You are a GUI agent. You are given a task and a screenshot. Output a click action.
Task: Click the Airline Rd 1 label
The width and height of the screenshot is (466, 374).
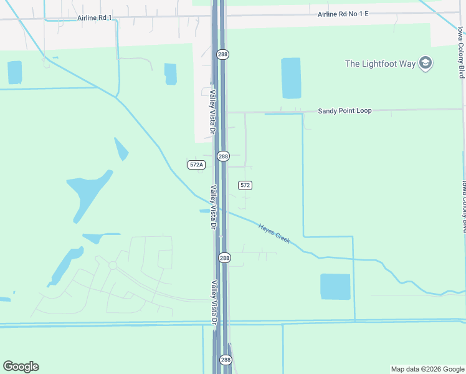[95, 18]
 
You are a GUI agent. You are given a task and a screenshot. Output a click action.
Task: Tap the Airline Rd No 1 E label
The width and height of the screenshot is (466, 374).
[343, 14]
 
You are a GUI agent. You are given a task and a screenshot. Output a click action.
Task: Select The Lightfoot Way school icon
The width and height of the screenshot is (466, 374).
[426, 63]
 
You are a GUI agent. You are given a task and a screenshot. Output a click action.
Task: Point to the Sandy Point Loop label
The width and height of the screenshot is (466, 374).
[345, 111]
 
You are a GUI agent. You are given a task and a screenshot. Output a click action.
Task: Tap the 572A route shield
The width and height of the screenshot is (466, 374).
[196, 165]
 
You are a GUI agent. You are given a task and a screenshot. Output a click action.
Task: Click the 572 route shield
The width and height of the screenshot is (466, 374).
[245, 185]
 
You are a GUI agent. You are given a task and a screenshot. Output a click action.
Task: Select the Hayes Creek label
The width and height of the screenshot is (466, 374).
[275, 234]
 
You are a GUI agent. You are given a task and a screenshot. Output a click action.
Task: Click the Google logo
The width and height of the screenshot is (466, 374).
[21, 367]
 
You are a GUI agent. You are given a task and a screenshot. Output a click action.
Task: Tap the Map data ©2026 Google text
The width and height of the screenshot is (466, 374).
[427, 369]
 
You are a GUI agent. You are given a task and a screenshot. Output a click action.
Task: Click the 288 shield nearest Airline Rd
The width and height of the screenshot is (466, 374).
[223, 55]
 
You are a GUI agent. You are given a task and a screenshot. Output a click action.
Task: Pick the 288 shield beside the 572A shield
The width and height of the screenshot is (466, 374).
[224, 156]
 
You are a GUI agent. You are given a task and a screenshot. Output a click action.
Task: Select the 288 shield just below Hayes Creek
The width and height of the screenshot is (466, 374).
[224, 257]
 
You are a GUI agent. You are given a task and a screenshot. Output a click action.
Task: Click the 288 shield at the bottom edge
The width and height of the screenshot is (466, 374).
[226, 360]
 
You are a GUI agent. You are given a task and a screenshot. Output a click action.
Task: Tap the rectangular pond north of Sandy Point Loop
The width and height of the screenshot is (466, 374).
[291, 78]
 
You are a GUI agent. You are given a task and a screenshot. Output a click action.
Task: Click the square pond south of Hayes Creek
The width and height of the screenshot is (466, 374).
[335, 287]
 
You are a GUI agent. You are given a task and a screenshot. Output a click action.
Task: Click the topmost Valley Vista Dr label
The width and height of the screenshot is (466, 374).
[212, 112]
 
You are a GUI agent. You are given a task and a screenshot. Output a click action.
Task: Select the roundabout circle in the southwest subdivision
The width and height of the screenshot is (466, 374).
[113, 266]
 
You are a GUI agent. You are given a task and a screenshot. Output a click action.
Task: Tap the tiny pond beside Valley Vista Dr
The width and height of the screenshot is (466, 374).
[204, 211]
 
